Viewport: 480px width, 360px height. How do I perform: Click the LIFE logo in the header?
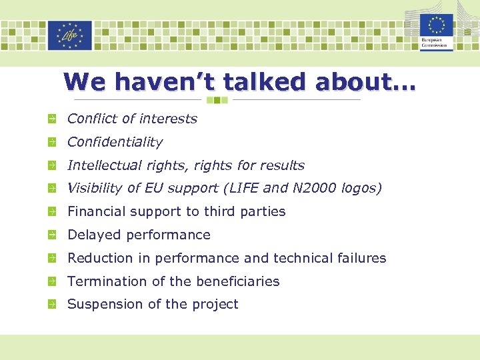(70, 35)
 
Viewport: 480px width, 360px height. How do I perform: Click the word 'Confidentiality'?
(115, 142)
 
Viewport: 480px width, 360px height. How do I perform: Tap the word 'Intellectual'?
(105, 165)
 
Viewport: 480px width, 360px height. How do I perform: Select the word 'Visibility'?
(95, 188)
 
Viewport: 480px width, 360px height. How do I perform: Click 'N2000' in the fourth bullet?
(315, 188)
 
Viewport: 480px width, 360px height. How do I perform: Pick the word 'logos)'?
(361, 189)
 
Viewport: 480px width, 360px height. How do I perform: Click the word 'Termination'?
(107, 281)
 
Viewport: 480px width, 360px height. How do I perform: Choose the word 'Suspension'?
(105, 304)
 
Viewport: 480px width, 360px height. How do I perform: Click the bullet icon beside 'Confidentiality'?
(51, 142)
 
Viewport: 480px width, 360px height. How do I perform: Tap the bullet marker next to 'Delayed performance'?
(51, 235)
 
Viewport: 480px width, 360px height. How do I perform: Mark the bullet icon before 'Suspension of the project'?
(51, 304)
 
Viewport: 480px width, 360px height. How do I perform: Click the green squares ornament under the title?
(217, 100)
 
